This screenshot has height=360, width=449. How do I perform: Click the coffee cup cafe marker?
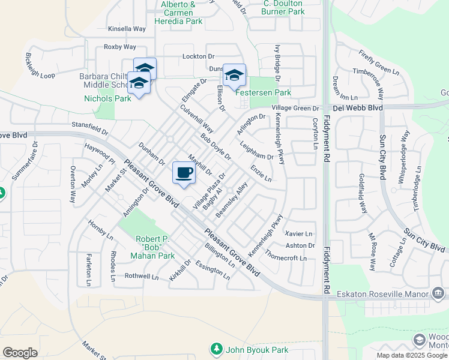pos(184,173)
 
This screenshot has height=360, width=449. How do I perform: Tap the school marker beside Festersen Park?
pos(234,75)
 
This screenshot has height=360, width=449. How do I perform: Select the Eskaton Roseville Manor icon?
pos(438,293)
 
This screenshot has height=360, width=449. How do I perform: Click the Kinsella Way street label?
pos(127,28)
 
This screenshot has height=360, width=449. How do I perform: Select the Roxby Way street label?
pos(120,47)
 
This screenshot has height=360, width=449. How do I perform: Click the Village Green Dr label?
pos(295,108)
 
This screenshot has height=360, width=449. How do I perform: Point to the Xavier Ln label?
pos(300,233)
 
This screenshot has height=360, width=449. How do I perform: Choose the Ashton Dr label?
pos(300,245)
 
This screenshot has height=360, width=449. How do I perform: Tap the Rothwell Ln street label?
pos(142,277)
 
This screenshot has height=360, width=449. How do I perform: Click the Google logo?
pos(20,353)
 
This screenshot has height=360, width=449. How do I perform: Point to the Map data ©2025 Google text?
pos(411,355)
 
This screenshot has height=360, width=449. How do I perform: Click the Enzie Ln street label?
pos(261,174)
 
